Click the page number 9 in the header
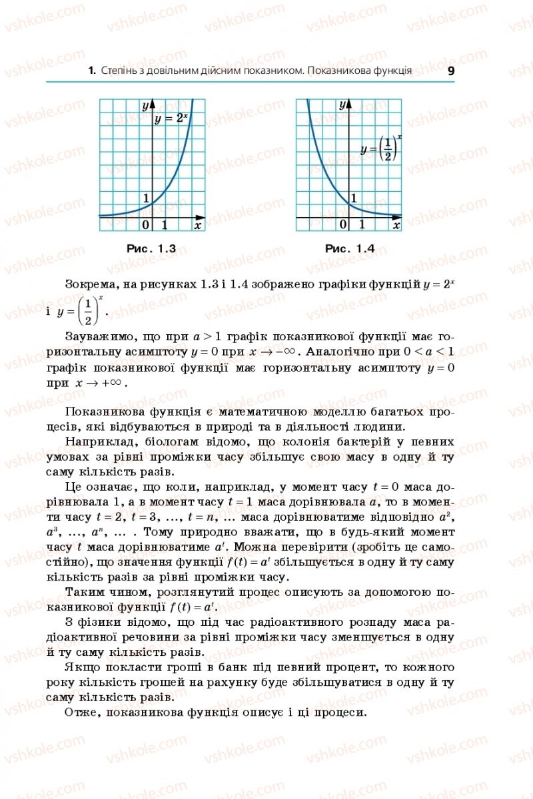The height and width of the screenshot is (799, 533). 451,71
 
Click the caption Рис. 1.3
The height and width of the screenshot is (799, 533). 151,248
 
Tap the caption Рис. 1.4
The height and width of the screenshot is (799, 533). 350,248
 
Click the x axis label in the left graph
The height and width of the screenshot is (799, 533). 197,225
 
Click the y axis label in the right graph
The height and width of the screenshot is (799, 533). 342,105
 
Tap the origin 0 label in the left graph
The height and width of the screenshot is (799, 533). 146,225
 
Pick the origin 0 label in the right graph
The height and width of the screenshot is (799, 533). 343,225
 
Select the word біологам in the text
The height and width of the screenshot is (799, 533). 163,441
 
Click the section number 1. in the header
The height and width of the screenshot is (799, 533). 92,71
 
